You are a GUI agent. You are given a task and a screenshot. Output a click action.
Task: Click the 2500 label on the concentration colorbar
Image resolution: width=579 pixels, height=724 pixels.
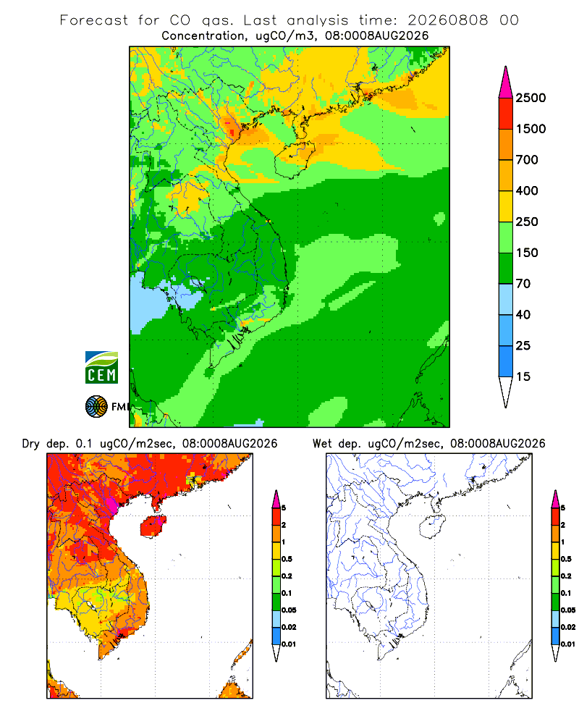point(531,98)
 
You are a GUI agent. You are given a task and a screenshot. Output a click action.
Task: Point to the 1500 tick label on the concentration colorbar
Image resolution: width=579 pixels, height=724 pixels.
point(531,129)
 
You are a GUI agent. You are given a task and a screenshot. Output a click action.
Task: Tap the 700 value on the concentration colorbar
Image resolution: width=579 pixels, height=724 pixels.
point(527,160)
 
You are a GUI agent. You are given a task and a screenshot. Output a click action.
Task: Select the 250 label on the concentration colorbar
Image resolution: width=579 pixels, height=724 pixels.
point(527,222)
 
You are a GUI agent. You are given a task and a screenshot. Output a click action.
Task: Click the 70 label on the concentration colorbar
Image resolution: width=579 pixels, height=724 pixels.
point(523,284)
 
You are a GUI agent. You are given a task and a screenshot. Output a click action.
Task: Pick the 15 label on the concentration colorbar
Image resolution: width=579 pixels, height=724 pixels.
point(523,376)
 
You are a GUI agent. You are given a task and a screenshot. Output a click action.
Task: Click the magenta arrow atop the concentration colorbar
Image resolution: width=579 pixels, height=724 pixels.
point(506,83)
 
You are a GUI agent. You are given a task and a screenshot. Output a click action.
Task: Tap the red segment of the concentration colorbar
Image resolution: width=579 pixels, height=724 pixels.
point(506,114)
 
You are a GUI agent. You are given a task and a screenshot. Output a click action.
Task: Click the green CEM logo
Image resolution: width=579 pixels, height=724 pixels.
point(101,368)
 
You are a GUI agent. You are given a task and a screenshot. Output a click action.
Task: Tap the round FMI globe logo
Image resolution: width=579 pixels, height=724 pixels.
point(96,407)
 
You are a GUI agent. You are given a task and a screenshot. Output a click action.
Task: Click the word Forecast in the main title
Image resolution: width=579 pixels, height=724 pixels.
point(94,20)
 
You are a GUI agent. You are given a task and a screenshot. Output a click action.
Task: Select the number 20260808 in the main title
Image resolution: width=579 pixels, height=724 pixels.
point(448,20)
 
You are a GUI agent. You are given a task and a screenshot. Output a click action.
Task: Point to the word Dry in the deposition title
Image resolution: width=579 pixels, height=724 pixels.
point(31,444)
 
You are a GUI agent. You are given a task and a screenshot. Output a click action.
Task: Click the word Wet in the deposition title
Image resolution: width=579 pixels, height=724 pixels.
point(322,444)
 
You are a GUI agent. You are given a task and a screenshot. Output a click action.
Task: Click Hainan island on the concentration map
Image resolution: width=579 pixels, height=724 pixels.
point(295,158)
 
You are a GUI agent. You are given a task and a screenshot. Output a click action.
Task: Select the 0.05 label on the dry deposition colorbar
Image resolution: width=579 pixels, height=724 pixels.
point(289,610)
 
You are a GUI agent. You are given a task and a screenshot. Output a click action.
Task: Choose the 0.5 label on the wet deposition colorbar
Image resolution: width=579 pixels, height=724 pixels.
point(566,559)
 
